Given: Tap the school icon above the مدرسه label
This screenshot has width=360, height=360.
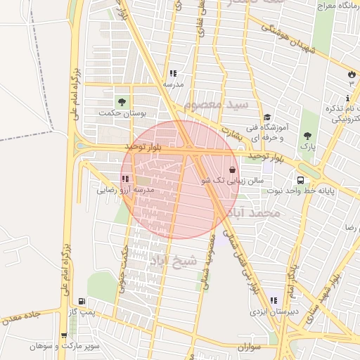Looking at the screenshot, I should point(172,73).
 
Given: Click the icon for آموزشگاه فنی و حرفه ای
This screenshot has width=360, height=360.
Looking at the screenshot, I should point(267,118).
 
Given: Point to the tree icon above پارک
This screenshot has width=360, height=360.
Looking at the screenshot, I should point(307,135).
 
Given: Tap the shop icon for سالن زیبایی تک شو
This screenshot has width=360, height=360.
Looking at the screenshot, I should point(233,169).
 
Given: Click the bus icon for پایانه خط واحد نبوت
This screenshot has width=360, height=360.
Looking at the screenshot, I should point(300,179).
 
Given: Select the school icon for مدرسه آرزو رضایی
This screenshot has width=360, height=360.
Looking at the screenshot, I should point(125,179).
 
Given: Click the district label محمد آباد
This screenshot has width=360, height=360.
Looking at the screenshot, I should point(258,212).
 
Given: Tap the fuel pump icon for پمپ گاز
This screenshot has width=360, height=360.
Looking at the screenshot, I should point(82,300).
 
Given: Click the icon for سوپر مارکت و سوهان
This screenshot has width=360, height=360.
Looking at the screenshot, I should point(64,336).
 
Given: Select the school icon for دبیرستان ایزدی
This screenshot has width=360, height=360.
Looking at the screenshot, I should point(272,300).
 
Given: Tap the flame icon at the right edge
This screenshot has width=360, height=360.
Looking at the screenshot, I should point(352,73).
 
